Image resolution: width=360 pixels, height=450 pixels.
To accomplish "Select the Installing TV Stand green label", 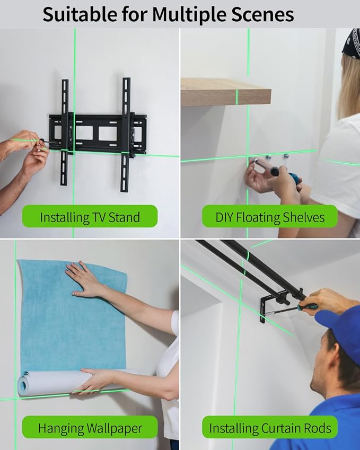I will coord(90,217).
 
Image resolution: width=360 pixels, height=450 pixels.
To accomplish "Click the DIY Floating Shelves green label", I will coord(269,217).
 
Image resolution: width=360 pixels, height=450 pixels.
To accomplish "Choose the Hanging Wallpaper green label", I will coord(90,427).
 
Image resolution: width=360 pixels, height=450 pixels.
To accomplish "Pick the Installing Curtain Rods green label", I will coord(269,427).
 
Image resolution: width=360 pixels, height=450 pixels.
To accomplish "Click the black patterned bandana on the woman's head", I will coord(350,43).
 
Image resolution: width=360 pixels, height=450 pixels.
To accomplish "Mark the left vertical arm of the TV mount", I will coord(64,133).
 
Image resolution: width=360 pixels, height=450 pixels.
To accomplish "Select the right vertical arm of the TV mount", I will coord(126,133).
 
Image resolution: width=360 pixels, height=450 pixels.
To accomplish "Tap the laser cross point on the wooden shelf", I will coord(237,96).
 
